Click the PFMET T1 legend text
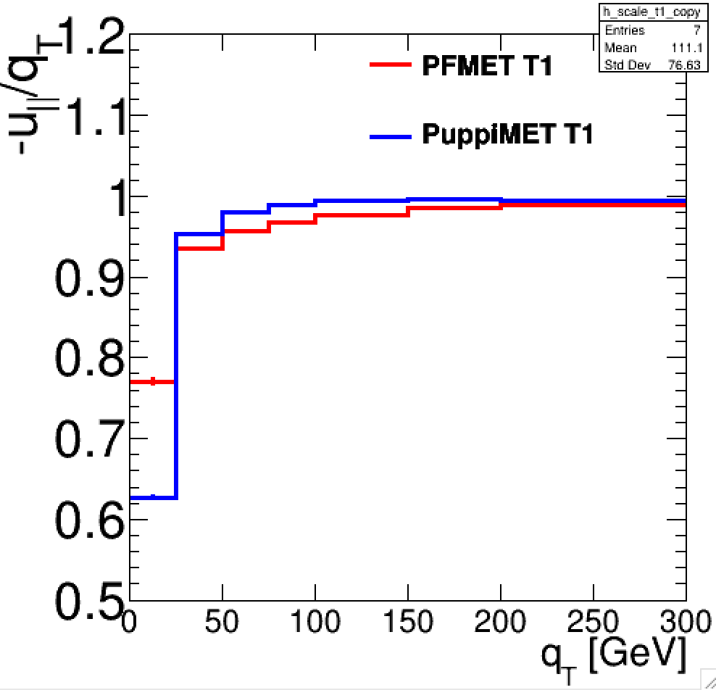click(487, 67)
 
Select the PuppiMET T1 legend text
click(507, 135)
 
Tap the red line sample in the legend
click(391, 65)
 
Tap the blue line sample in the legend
click(391, 136)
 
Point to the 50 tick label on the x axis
click(222, 622)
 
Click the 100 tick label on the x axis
click(315, 622)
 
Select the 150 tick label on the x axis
click(407, 622)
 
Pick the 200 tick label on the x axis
click(500, 622)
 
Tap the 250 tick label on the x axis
click(593, 622)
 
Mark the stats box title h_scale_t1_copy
click(641, 13)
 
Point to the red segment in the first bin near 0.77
click(152, 382)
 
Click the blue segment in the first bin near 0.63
click(152, 497)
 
